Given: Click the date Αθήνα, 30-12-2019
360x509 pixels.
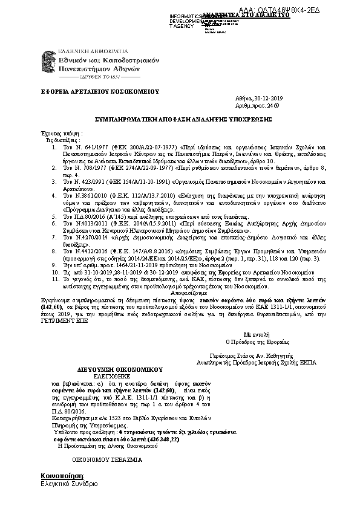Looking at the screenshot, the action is coord(258,98).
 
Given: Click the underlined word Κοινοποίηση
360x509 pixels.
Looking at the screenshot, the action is coord(58,476).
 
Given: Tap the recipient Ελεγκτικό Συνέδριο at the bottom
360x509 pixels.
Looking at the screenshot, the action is coord(68,484).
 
